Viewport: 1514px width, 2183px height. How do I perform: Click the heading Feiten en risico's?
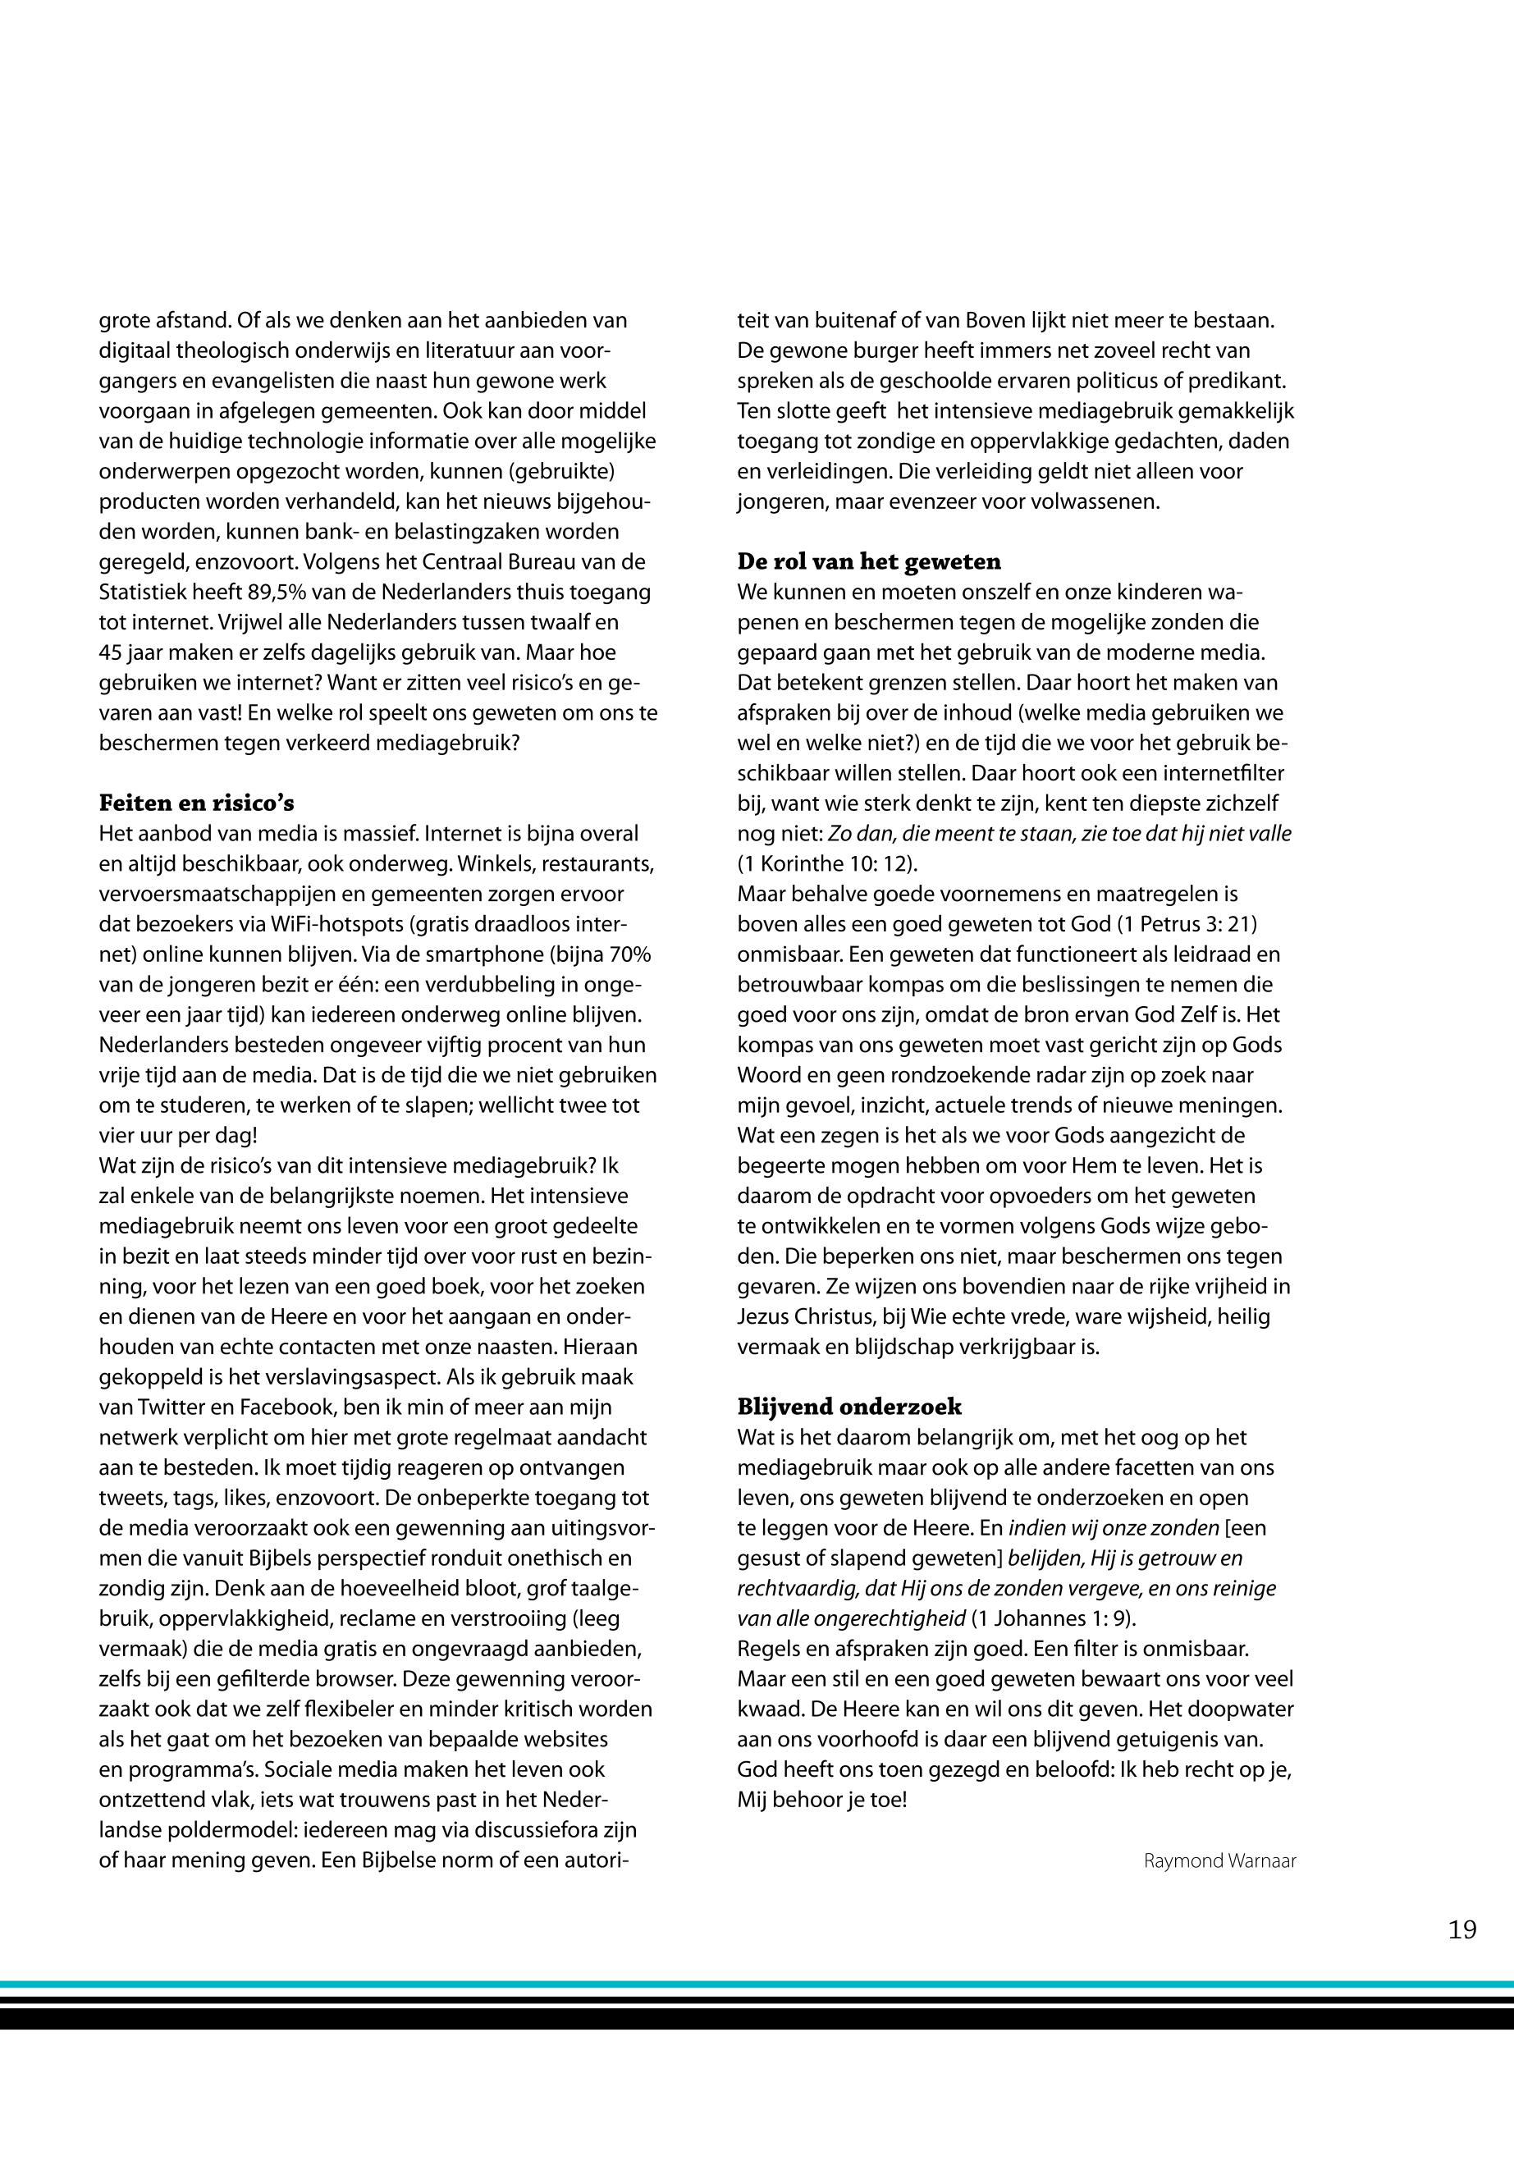pos(196,803)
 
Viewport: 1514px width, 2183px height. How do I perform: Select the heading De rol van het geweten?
pos(868,561)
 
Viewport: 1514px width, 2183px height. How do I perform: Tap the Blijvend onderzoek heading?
pos(849,1407)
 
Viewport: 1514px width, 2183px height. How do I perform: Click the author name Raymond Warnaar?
pos(1219,1860)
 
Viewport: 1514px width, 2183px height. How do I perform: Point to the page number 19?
pos(1461,1929)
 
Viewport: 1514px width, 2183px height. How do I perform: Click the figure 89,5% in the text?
pos(277,592)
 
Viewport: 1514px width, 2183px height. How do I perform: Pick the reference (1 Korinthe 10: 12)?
pos(827,864)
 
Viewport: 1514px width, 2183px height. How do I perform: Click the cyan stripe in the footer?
pos(757,1984)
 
